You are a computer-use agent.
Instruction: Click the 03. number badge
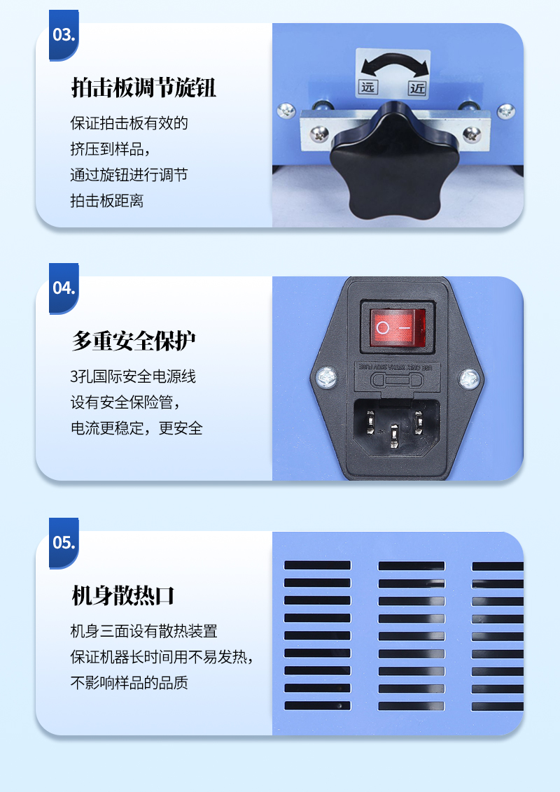tap(64, 35)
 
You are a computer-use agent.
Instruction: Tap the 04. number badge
tap(64, 288)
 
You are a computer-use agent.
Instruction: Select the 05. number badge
tap(64, 542)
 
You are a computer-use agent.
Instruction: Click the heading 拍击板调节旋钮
tap(143, 88)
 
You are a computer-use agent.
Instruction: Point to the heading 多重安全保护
tap(134, 341)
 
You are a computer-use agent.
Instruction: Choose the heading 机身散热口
tap(123, 596)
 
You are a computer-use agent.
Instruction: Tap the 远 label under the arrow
tap(367, 87)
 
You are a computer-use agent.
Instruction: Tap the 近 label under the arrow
tap(417, 87)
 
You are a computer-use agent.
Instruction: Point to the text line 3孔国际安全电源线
tap(133, 376)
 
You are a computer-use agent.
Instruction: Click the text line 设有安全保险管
tap(125, 402)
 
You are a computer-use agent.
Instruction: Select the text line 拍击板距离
tap(107, 201)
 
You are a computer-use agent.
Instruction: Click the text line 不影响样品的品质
tap(129, 683)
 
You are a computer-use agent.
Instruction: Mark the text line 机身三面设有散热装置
tap(144, 631)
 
